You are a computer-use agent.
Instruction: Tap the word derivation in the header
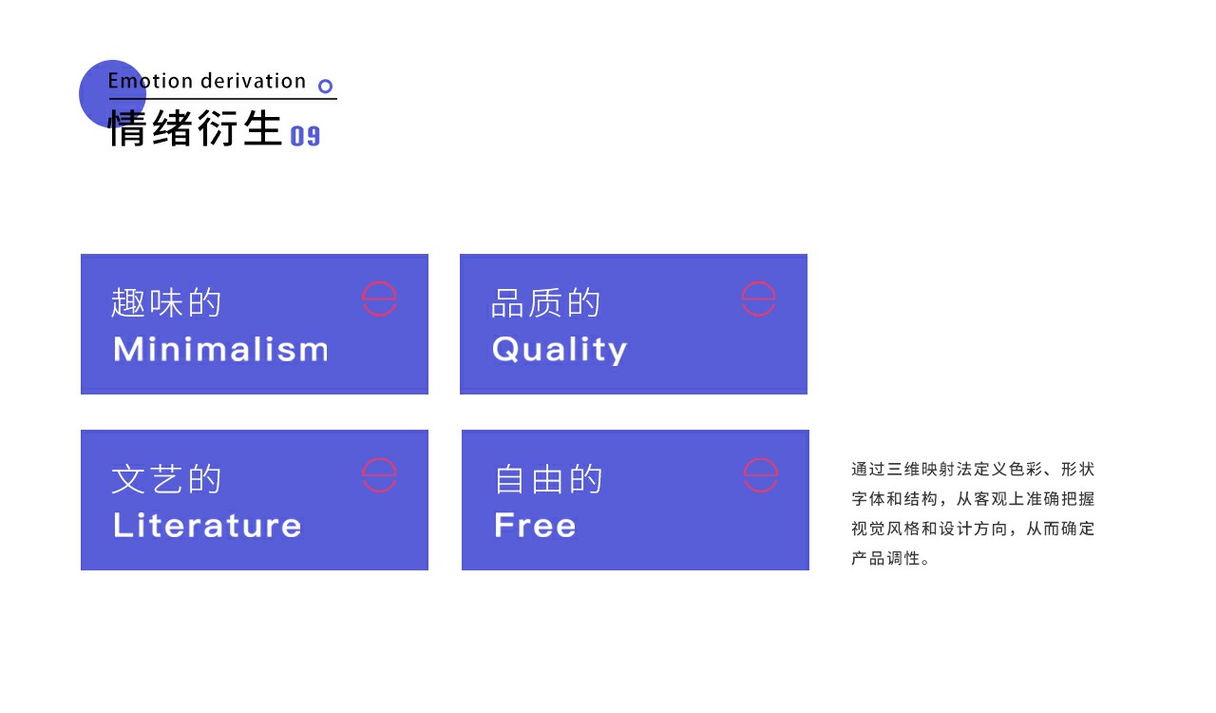tap(254, 81)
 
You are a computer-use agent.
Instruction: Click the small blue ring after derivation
tap(325, 86)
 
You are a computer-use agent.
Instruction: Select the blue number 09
tap(305, 136)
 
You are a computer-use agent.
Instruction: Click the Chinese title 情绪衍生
tap(196, 128)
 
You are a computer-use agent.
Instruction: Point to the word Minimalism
tap(221, 349)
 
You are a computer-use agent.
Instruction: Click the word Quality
tap(560, 350)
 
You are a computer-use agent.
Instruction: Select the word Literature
tap(207, 525)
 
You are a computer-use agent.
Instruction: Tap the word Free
tap(535, 525)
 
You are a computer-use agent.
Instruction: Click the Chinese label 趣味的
tap(166, 302)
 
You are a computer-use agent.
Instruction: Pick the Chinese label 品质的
tap(545, 302)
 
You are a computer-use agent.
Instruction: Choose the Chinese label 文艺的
tap(166, 479)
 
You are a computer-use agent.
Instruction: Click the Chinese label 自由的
tap(548, 479)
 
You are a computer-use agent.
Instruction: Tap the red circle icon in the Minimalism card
tap(379, 281)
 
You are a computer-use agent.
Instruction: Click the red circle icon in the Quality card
tap(758, 281)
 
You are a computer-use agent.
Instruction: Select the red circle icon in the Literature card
tap(379, 458)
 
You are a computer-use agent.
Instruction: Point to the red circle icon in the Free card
tap(761, 458)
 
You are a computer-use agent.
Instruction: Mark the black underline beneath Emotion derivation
tap(223, 99)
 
